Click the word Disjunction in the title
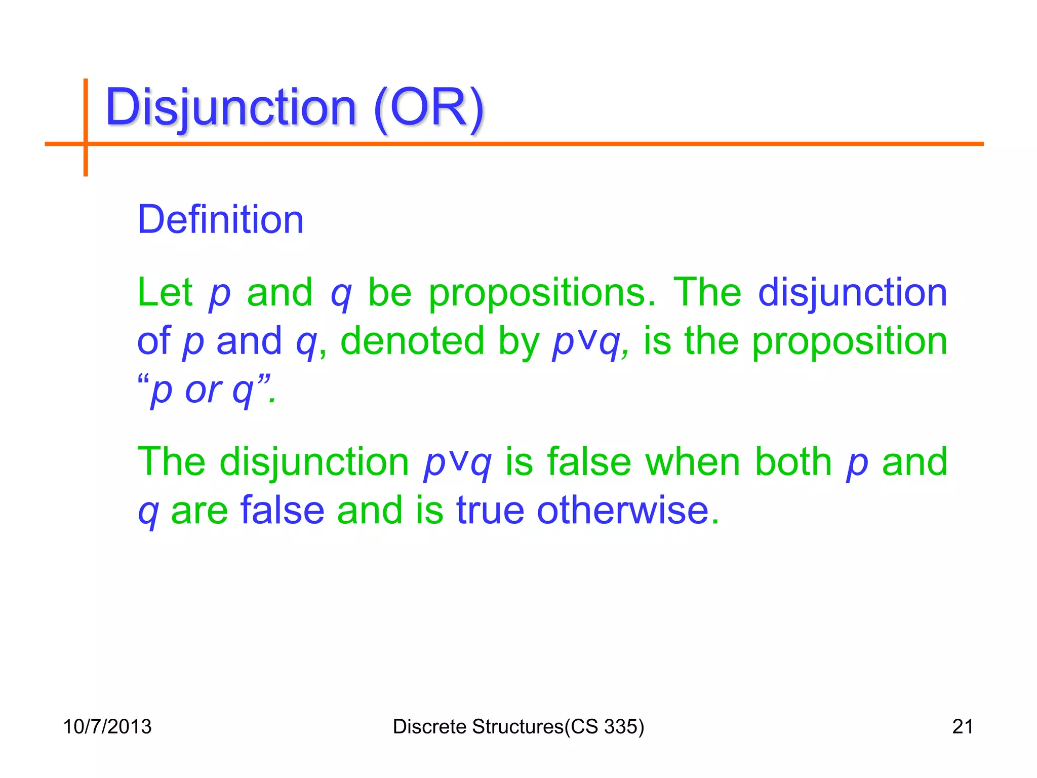231,107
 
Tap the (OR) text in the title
429,107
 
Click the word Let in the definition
165,292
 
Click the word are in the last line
199,511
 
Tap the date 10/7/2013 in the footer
107,726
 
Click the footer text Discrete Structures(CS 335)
518,726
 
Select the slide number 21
962,726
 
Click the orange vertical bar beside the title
86,127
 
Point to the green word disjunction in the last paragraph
314,462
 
